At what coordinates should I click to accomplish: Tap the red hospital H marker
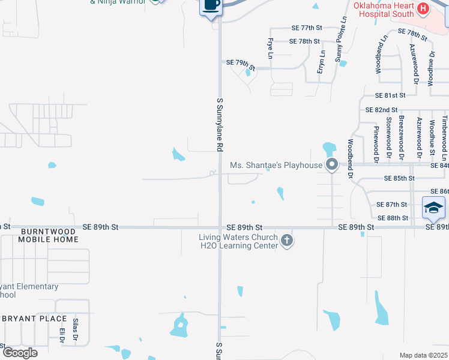pyautogui.click(x=423, y=8)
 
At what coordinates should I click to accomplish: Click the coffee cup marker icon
pyautogui.click(x=211, y=5)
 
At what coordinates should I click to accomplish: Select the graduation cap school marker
pyautogui.click(x=433, y=208)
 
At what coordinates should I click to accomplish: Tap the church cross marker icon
pyautogui.click(x=287, y=241)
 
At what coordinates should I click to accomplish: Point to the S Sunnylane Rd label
pyautogui.click(x=220, y=124)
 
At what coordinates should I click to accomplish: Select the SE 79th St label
pyautogui.click(x=241, y=62)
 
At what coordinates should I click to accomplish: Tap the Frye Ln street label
pyautogui.click(x=270, y=49)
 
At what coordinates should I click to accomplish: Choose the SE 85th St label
pyautogui.click(x=399, y=178)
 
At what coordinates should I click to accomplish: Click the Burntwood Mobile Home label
pyautogui.click(x=48, y=235)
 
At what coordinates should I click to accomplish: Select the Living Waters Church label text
pyautogui.click(x=239, y=237)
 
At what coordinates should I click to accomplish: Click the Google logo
pyautogui.click(x=20, y=353)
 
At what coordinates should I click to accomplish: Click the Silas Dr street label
pyautogui.click(x=76, y=329)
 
